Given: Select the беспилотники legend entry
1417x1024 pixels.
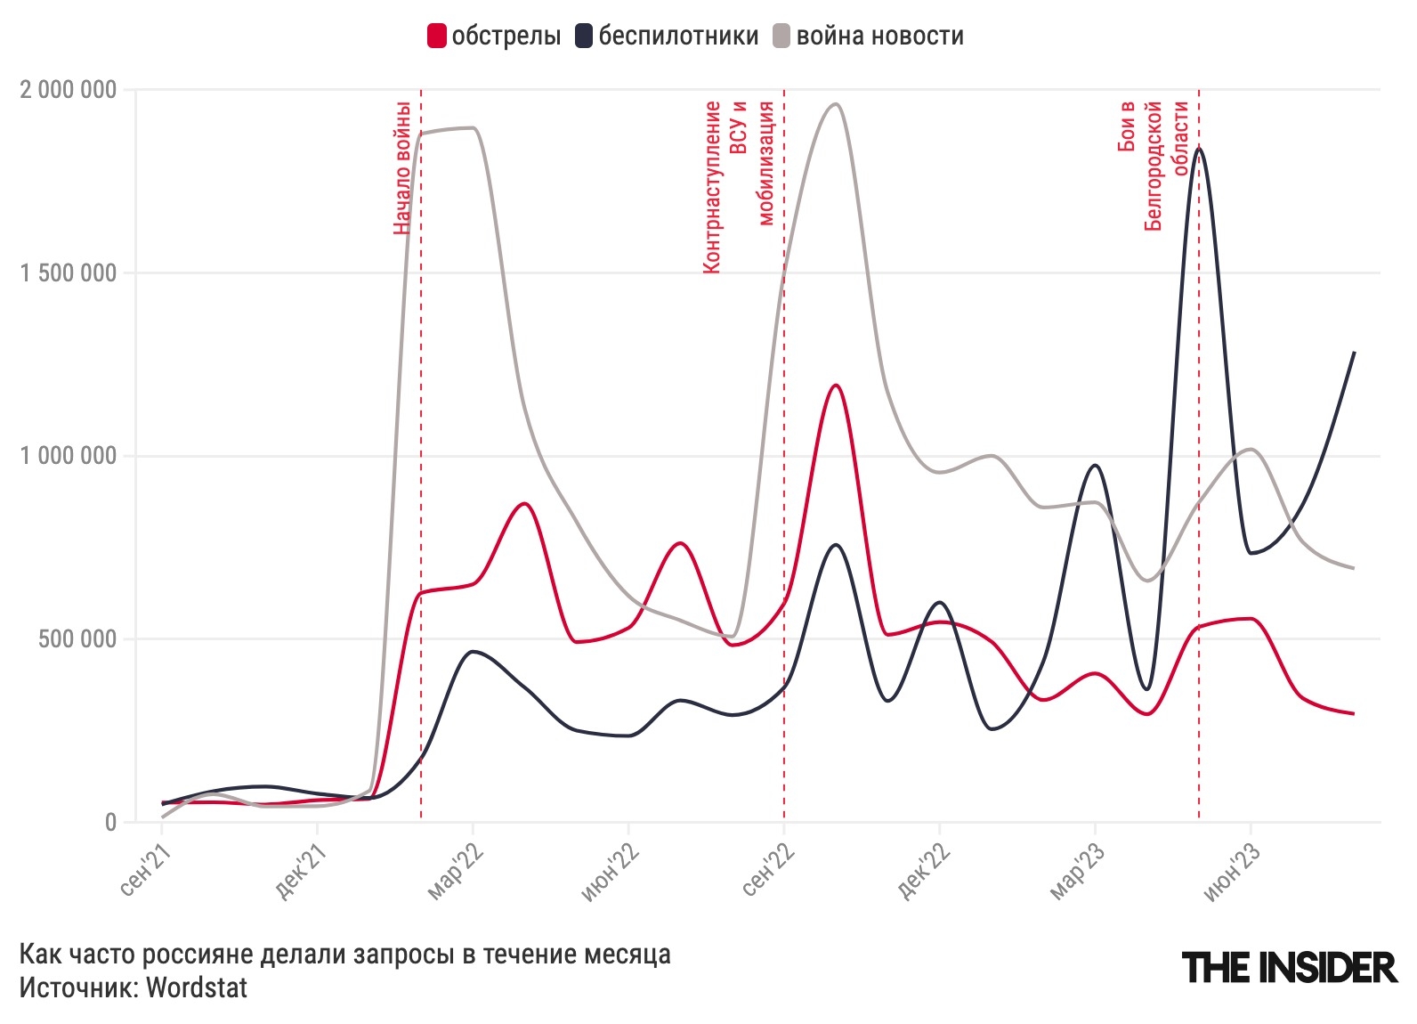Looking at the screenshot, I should (x=668, y=37).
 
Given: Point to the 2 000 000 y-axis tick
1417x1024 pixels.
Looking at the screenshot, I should (x=69, y=90).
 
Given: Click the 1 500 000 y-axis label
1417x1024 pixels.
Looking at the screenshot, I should (x=69, y=273).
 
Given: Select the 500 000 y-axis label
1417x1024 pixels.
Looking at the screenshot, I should (x=77, y=639).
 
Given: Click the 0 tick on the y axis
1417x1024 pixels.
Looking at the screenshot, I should (x=110, y=822).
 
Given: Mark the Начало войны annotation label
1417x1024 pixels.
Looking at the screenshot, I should (x=402, y=167).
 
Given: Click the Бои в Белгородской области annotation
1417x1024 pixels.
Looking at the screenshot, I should (x=1154, y=165).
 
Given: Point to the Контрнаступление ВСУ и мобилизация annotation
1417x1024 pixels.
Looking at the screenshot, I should (x=738, y=187).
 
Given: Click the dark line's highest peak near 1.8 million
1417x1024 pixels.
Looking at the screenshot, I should (x=1199, y=149).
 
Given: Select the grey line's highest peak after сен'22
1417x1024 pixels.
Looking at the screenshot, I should (x=835, y=104).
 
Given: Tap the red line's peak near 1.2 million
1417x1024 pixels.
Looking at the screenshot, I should (x=835, y=386).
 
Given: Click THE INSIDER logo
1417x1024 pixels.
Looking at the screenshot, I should (x=1289, y=967).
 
